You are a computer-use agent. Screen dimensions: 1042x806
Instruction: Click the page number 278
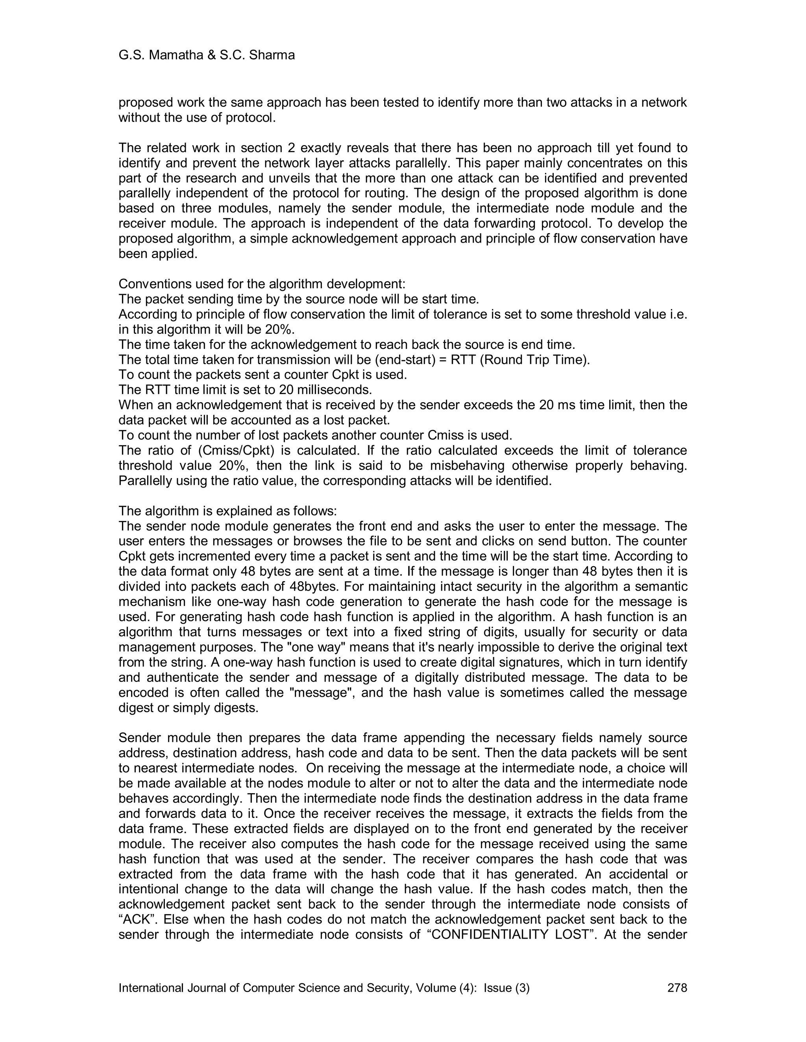[x=677, y=988]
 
